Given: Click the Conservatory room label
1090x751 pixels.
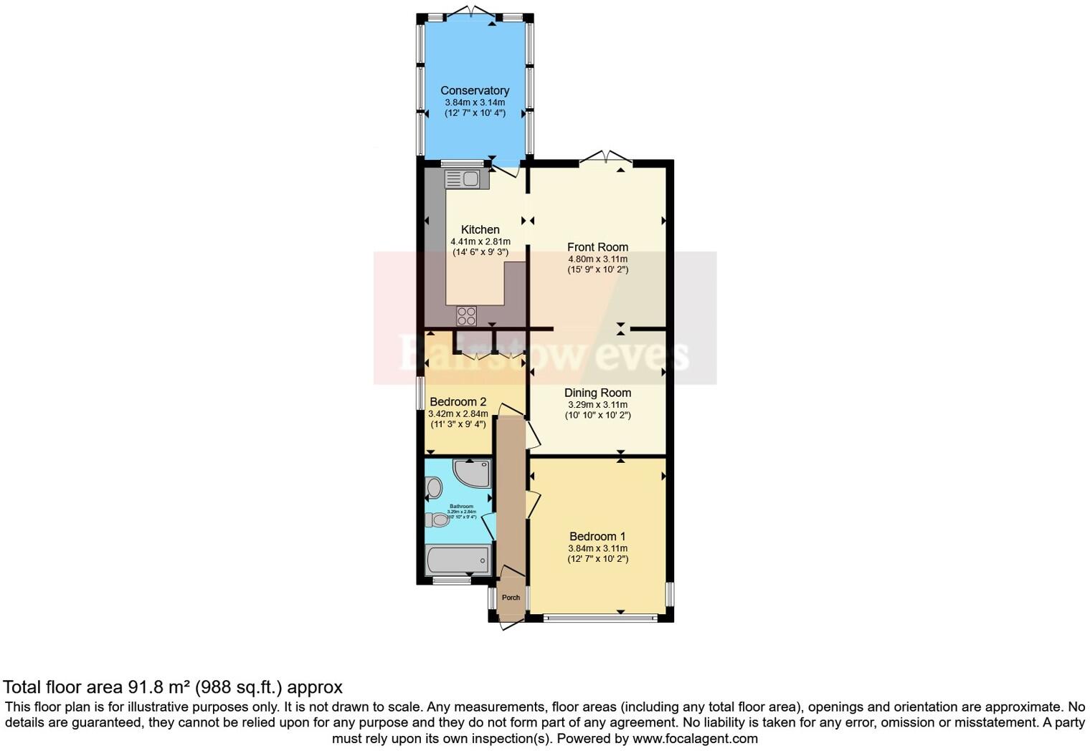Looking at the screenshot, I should click(x=475, y=90).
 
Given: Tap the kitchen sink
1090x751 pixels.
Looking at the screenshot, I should click(x=467, y=178).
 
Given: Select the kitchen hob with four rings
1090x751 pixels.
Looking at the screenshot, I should click(x=466, y=315).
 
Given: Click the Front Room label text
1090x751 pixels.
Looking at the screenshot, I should click(x=597, y=247).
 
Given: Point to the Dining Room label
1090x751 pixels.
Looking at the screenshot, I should click(x=597, y=393).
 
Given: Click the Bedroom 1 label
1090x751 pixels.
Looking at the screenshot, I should click(x=597, y=536).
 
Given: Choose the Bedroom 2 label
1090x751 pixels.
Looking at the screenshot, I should click(x=458, y=402).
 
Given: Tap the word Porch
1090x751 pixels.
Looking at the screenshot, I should click(x=511, y=598).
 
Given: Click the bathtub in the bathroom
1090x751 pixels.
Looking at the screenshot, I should click(x=458, y=558).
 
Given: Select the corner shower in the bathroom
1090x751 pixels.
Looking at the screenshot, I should click(x=473, y=472).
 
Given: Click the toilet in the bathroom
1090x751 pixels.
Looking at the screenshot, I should click(x=437, y=520).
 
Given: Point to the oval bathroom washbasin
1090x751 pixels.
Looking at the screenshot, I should click(x=433, y=488).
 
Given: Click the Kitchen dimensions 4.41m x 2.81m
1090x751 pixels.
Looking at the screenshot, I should click(x=480, y=241).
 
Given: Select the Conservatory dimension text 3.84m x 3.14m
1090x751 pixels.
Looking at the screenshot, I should click(x=475, y=102).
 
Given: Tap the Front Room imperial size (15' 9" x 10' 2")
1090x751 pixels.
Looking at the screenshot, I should click(x=597, y=270).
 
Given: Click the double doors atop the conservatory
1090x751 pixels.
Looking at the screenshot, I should click(x=473, y=11).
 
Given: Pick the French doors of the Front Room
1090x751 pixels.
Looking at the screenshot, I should click(x=605, y=156).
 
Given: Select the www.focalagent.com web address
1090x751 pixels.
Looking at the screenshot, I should click(x=695, y=738).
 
